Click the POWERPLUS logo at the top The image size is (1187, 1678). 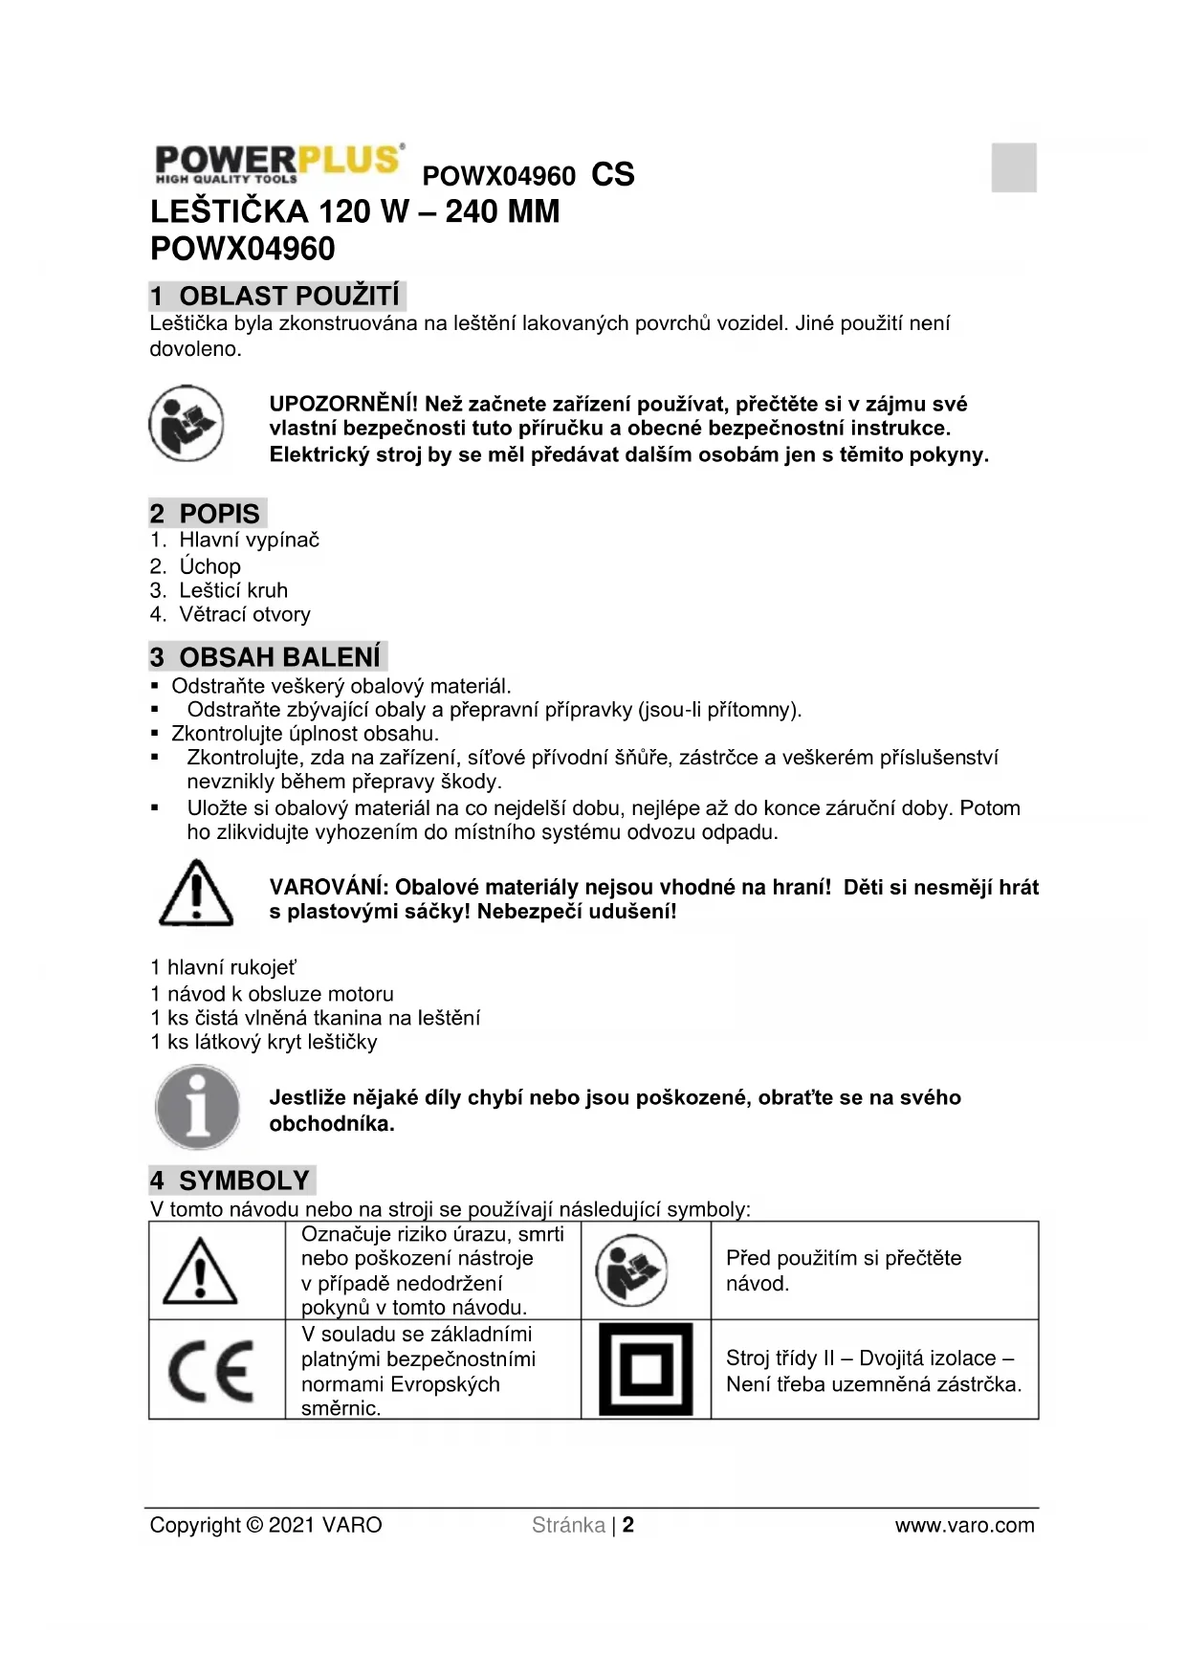tap(277, 164)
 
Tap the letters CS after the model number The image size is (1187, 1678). tap(612, 175)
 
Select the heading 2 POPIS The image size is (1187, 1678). tap(206, 514)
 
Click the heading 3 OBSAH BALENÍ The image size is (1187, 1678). tap(266, 657)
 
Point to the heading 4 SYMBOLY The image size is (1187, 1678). tap(231, 1181)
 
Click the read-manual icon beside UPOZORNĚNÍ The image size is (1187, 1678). tap(187, 423)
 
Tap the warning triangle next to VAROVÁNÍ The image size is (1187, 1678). tap(195, 894)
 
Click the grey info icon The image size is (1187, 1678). tap(197, 1107)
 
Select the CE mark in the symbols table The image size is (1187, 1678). tap(211, 1370)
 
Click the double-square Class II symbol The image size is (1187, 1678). tap(646, 1369)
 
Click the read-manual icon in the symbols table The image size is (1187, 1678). tap(631, 1271)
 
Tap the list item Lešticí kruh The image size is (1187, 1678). tap(232, 590)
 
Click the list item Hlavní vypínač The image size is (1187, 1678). tap(249, 540)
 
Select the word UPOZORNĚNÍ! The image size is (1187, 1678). tap(343, 404)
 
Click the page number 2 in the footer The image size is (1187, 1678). tap(628, 1525)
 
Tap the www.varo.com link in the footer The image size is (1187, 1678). tap(964, 1525)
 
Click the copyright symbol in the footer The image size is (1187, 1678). tap(253, 1525)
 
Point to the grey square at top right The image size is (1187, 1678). tap(1014, 167)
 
